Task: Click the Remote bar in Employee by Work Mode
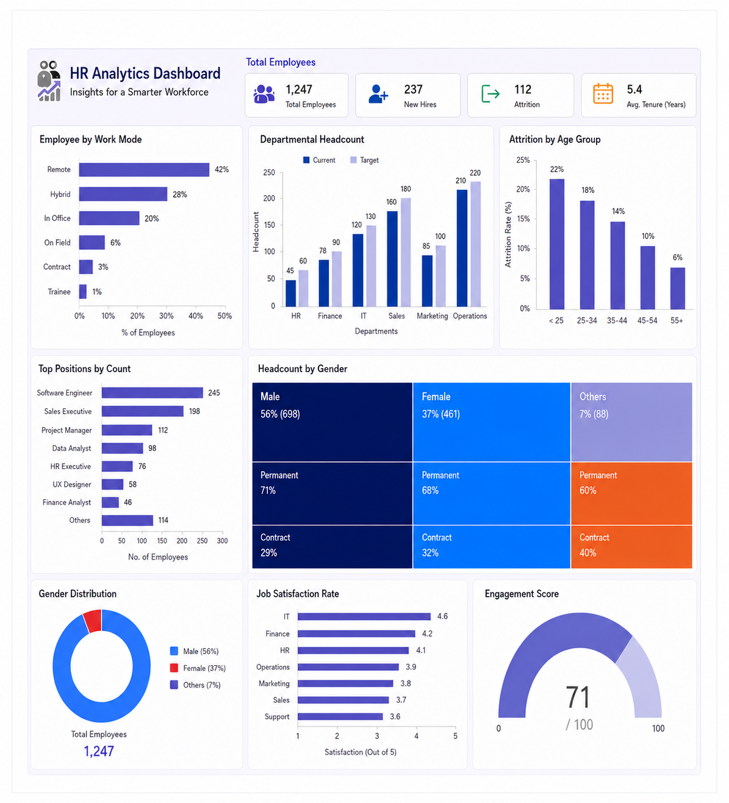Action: [x=144, y=170]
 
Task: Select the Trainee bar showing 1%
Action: [x=82, y=292]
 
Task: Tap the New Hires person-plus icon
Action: [x=378, y=94]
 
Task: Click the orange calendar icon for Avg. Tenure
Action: [x=603, y=94]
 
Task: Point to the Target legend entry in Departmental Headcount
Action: [x=364, y=160]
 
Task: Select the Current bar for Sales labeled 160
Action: [x=392, y=259]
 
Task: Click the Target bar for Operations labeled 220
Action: [x=475, y=244]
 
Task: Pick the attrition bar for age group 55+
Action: [x=677, y=288]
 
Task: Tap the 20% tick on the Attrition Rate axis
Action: [x=523, y=189]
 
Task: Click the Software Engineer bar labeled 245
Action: [x=152, y=393]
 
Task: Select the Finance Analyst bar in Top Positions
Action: [x=110, y=502]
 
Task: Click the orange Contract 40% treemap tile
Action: [x=631, y=546]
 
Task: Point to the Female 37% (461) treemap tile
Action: [x=491, y=422]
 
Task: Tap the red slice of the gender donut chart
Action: [x=93, y=621]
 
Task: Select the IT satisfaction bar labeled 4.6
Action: [x=364, y=616]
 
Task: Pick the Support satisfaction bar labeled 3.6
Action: [x=340, y=716]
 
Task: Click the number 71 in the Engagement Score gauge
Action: [x=578, y=697]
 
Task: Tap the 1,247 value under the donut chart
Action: [x=98, y=751]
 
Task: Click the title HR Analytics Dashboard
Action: [x=145, y=74]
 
